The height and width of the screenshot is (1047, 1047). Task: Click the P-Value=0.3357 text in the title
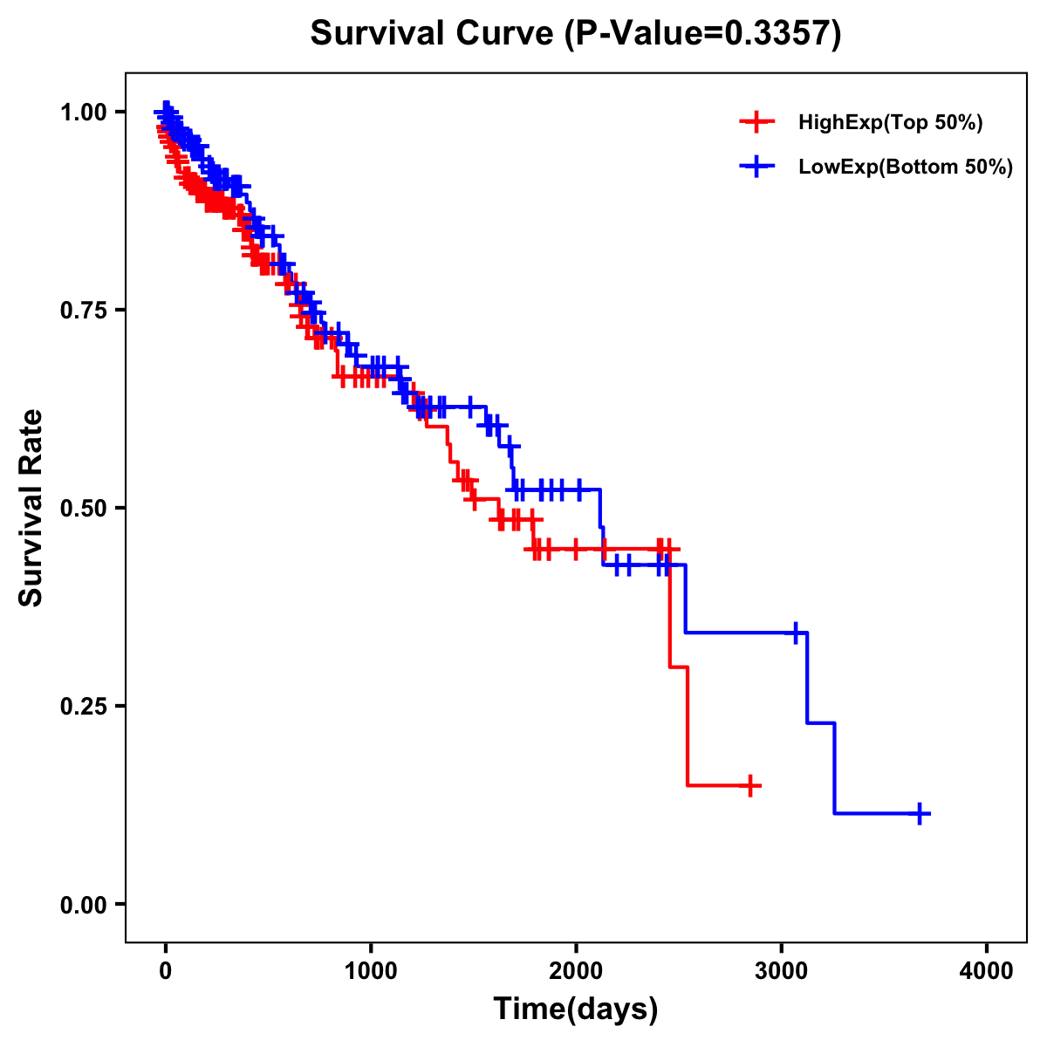point(701,34)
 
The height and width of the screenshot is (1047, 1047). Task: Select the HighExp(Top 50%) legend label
point(890,123)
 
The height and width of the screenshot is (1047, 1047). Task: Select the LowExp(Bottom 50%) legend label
point(906,167)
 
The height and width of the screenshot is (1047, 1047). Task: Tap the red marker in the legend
point(756,122)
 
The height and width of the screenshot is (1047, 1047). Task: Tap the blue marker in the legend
point(756,166)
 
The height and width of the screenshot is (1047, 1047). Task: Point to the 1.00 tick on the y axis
point(84,113)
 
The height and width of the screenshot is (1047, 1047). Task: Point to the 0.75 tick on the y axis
point(84,311)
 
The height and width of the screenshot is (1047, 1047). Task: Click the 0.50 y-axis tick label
point(84,509)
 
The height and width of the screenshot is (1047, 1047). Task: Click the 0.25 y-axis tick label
point(84,707)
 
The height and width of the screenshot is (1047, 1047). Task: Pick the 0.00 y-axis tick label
point(84,905)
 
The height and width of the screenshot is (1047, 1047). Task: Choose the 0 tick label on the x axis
point(165,971)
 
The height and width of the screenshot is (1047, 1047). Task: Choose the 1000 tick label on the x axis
point(371,971)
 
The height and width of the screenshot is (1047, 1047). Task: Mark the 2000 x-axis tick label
point(576,971)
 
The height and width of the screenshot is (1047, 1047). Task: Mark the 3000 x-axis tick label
point(782,971)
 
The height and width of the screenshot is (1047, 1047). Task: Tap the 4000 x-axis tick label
point(987,971)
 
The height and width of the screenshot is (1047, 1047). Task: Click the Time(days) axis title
point(576,1009)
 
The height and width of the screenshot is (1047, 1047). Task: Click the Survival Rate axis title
point(31,508)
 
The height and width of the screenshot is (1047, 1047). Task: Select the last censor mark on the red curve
point(749,785)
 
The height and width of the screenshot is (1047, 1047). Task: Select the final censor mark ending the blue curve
point(919,813)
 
